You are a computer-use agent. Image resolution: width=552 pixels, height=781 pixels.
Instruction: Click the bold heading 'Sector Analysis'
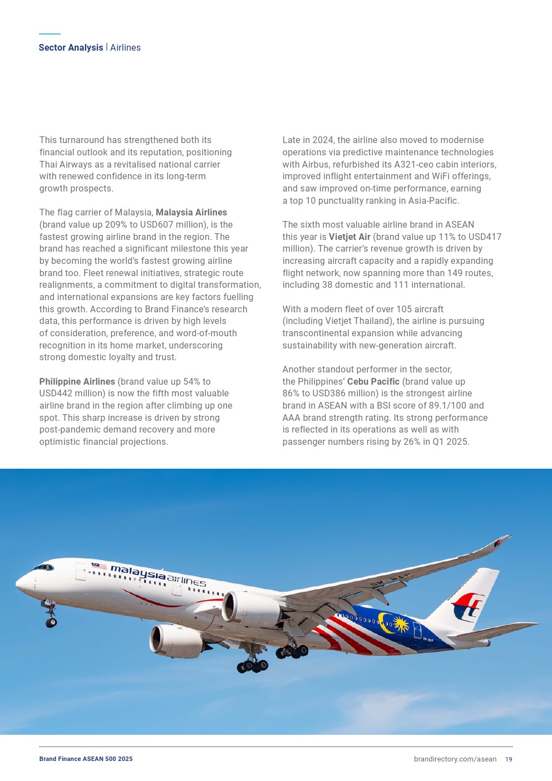tap(71, 48)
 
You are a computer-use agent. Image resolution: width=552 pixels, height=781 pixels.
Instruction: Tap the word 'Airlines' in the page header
tap(125, 48)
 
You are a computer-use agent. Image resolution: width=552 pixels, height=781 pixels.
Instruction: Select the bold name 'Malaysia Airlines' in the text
tap(191, 213)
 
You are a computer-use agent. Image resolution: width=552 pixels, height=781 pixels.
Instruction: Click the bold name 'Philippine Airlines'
tap(77, 382)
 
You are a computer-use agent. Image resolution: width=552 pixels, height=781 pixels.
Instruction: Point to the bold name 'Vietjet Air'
tap(349, 237)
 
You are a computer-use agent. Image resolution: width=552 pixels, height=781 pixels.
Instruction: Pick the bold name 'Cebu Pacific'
tap(373, 382)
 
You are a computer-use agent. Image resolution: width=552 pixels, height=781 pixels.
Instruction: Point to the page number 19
tap(509, 759)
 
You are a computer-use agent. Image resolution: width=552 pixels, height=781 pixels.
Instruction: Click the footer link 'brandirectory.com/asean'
tap(455, 759)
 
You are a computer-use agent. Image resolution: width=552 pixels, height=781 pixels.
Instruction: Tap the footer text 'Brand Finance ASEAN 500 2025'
tap(86, 759)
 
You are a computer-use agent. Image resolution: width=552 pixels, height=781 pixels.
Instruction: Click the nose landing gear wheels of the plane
tap(51, 622)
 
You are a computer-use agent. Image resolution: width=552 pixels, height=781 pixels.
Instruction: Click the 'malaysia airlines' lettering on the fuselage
tap(158, 576)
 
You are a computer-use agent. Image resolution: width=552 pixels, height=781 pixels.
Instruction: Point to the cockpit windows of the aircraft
tap(44, 568)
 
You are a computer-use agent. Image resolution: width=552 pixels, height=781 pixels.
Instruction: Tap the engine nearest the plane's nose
tap(250, 609)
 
